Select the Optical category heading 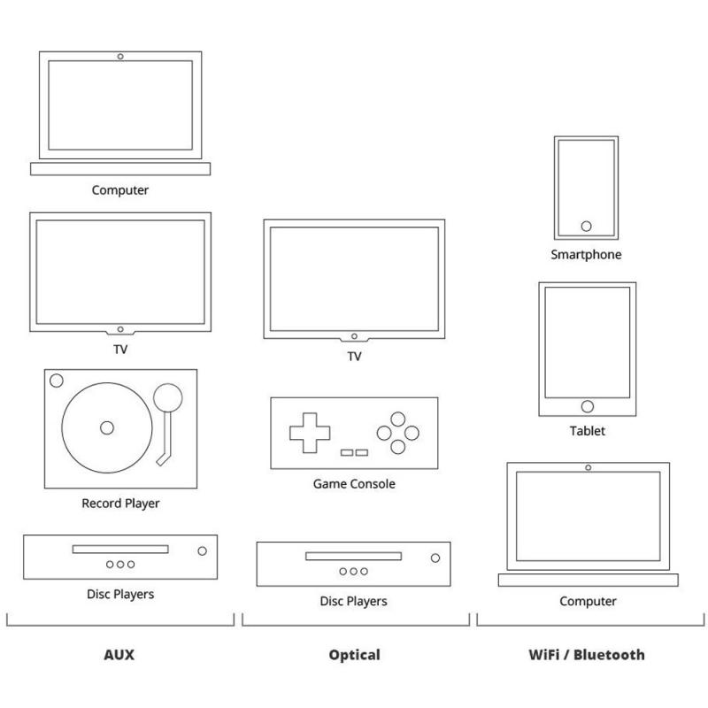point(354,655)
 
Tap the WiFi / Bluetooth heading point(587,655)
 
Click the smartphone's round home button point(586,227)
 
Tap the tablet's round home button point(587,406)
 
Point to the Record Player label point(120,504)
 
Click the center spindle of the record point(107,427)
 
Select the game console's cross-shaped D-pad point(309,432)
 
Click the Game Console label point(354,484)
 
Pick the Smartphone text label point(586,255)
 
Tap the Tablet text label point(587,431)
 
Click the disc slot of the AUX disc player point(119,550)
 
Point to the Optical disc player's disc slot point(353,557)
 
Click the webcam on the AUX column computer point(120,57)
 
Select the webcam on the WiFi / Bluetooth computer point(588,466)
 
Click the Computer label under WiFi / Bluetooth point(588,602)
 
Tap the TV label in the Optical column point(354,357)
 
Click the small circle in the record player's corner point(57,381)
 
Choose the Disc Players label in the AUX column point(120,594)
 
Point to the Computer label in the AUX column point(120,190)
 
